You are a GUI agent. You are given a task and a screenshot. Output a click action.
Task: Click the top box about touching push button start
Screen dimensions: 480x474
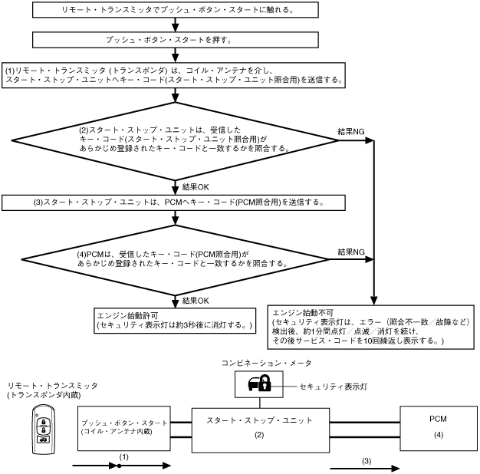176,10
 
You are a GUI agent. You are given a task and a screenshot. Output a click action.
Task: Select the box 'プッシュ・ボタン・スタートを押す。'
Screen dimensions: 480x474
176,40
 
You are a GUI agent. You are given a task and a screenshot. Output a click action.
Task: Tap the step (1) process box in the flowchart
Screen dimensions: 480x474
173,75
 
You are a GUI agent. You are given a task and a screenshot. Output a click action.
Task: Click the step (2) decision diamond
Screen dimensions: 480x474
175,141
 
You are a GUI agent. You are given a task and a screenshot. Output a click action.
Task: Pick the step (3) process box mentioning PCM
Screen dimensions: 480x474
173,202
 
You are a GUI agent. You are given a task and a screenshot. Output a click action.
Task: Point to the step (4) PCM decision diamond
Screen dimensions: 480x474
175,260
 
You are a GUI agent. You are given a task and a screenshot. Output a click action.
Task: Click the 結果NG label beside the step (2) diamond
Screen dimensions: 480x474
351,132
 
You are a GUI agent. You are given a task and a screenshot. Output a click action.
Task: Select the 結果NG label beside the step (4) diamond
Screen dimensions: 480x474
351,252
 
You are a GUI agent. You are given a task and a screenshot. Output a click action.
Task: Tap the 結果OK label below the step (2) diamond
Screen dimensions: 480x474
196,187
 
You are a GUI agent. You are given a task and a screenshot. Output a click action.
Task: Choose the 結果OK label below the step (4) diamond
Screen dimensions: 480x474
196,301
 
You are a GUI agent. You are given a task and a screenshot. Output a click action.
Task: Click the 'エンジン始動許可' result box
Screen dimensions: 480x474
175,321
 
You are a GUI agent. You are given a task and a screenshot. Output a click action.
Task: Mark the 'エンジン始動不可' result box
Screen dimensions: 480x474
370,327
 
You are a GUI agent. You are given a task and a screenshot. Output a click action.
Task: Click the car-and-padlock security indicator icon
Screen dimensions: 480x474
260,383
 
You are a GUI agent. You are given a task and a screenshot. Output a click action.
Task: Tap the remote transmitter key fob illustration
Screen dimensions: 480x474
44,430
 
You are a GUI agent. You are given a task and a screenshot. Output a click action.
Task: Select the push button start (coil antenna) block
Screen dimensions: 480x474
124,429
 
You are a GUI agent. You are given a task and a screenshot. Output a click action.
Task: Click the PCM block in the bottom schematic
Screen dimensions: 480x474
439,429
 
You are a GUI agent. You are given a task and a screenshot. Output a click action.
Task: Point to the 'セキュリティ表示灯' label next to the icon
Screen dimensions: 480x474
334,387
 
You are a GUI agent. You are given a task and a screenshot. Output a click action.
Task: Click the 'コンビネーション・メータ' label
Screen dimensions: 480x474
266,363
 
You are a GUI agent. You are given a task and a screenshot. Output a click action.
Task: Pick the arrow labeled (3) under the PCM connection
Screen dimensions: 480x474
364,468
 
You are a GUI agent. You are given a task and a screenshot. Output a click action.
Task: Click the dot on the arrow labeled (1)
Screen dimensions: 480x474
119,466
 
